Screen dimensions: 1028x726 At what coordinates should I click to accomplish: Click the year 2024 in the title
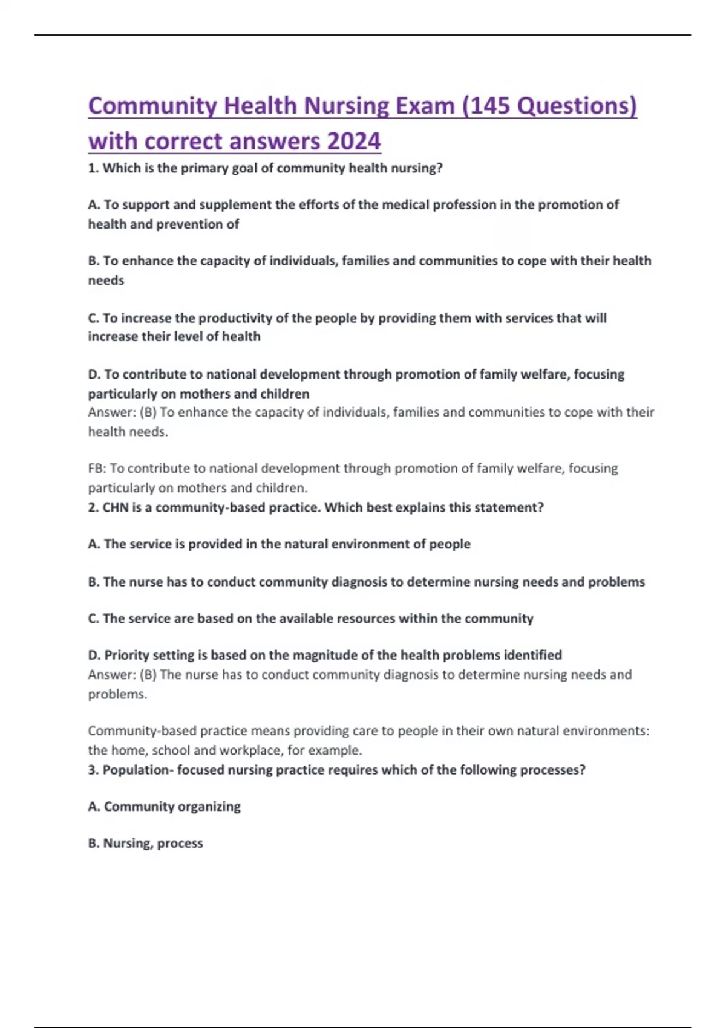click(x=353, y=141)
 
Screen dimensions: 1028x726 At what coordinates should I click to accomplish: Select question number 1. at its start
click(x=94, y=168)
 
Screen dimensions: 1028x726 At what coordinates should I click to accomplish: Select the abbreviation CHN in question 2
click(x=115, y=507)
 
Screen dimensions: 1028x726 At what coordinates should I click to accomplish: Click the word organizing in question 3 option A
click(x=209, y=807)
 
